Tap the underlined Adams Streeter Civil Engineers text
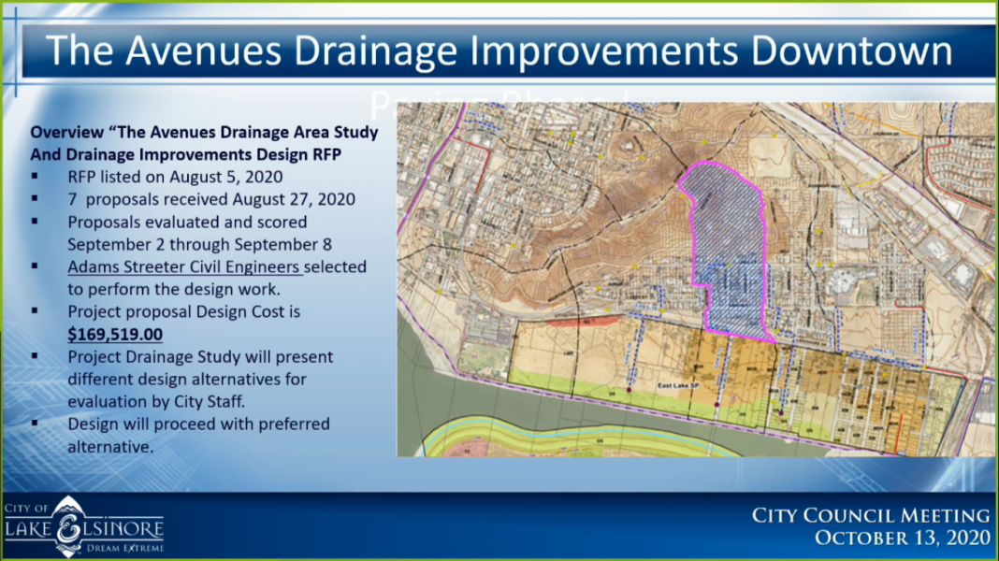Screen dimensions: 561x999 pos(184,266)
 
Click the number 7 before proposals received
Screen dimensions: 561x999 pos(72,199)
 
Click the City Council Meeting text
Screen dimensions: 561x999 pos(871,515)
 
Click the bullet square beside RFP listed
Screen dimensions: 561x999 pos(35,177)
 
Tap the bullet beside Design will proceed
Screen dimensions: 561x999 pos(35,424)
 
